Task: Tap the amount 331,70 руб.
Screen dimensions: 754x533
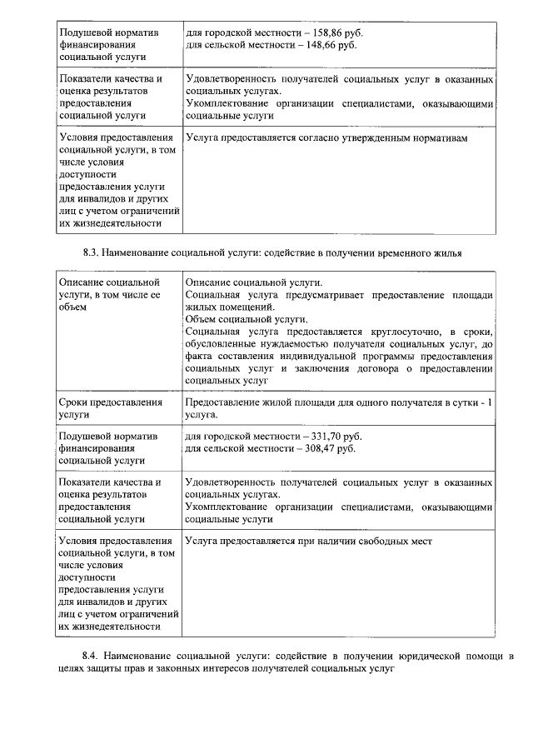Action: point(335,436)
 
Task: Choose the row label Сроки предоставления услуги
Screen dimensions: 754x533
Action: point(111,408)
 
